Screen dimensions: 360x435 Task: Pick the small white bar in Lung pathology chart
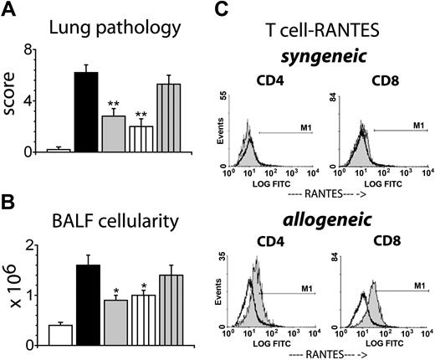click(x=58, y=150)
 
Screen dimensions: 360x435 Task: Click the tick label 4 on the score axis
click(x=38, y=101)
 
